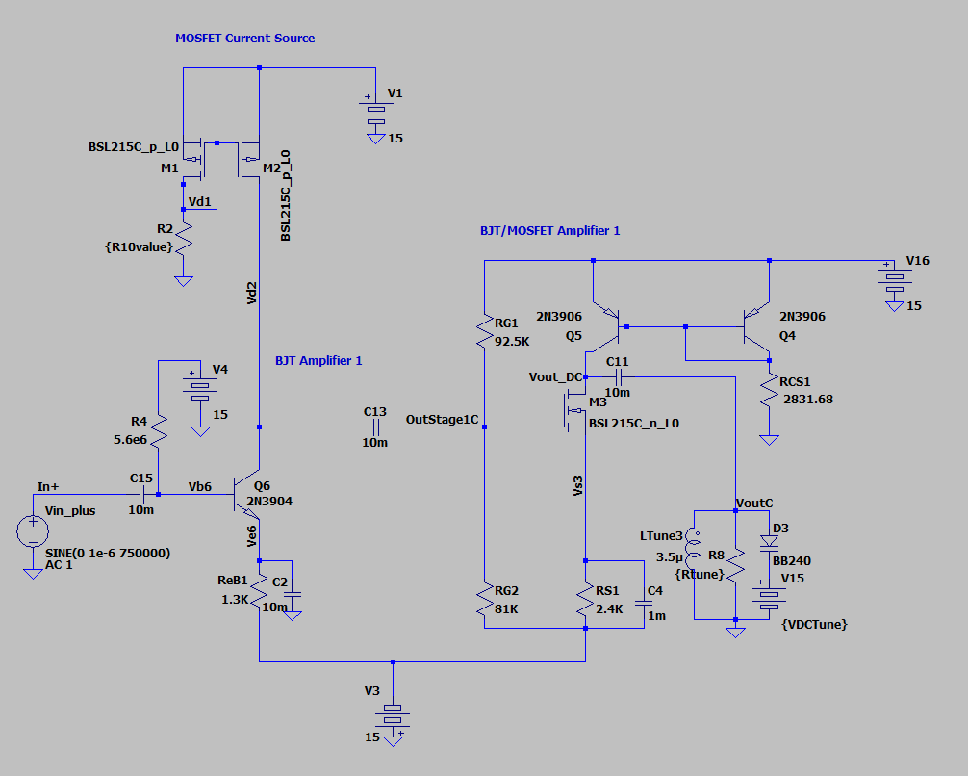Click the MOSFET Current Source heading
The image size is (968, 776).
pos(244,39)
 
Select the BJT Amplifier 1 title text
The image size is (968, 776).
pos(318,360)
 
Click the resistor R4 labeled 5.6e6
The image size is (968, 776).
pos(159,436)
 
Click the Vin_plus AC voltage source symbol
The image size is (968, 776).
pos(33,530)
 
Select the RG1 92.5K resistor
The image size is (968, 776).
pos(484,333)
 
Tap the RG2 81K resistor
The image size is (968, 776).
pos(484,602)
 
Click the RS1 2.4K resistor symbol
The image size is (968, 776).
pos(586,602)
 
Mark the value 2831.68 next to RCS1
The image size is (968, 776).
pos(807,398)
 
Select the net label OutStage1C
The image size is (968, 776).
pos(442,420)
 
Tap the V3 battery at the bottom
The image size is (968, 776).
pos(393,716)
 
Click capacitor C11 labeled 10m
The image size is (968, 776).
pos(618,376)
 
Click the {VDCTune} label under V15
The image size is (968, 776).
pos(815,624)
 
